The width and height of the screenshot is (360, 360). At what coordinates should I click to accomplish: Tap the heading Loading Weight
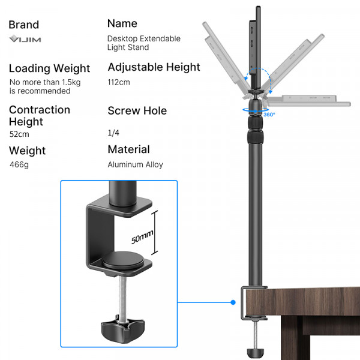click(49, 68)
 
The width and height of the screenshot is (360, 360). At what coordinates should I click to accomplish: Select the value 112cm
click(119, 82)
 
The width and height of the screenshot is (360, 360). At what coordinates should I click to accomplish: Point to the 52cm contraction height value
click(19, 134)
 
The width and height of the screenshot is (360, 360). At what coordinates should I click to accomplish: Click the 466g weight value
click(19, 164)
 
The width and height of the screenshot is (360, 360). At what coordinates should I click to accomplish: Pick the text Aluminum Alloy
click(135, 164)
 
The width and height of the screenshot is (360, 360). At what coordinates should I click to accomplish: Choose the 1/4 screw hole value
click(113, 132)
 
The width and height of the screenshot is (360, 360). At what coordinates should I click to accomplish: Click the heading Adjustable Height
click(154, 67)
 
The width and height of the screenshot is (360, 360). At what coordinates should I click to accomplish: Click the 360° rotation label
click(269, 114)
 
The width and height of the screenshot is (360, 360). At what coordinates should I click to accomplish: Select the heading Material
click(128, 149)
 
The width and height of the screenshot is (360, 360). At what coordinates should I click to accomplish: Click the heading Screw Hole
click(137, 111)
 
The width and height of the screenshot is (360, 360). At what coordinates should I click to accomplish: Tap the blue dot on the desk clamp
click(233, 302)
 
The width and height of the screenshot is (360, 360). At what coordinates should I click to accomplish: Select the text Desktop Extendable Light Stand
click(143, 43)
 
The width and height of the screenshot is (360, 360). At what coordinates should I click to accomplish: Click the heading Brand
click(24, 25)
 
